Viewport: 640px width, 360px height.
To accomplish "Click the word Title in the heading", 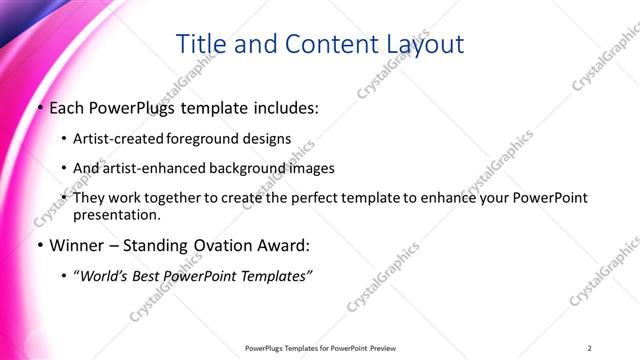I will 200,45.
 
